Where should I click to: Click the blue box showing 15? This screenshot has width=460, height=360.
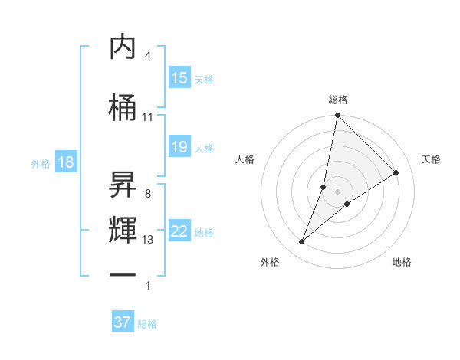click(179, 79)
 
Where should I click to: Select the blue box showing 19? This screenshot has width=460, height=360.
click(179, 148)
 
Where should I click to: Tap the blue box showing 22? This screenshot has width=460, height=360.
click(179, 232)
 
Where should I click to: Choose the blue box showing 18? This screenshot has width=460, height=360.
click(65, 163)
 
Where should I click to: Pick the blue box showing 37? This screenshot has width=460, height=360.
click(123, 323)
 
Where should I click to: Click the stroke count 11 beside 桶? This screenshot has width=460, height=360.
click(148, 117)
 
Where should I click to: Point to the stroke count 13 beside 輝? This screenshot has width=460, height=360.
click(148, 240)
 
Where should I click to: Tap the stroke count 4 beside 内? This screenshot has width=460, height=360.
click(148, 56)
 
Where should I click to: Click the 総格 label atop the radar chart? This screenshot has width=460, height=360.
click(338, 100)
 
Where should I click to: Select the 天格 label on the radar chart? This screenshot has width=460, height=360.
click(432, 159)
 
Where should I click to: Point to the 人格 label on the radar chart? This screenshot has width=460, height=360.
click(245, 159)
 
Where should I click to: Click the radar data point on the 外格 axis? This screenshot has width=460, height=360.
click(302, 242)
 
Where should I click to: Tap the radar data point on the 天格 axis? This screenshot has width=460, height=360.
click(396, 172)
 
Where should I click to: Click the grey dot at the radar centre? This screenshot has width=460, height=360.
click(338, 191)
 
